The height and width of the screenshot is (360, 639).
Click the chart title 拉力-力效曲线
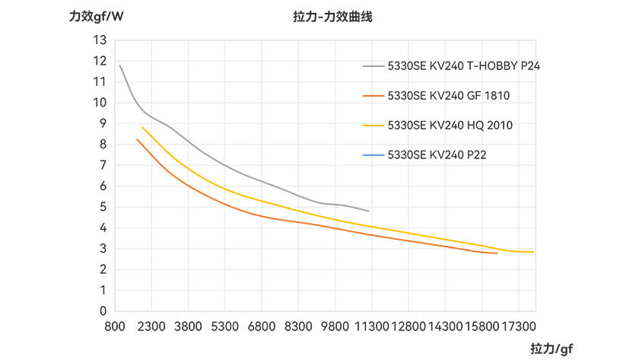[332, 17]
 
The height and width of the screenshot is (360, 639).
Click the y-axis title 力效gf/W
[96, 17]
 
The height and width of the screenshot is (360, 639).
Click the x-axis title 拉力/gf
[552, 349]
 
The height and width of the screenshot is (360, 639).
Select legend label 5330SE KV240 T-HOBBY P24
[464, 65]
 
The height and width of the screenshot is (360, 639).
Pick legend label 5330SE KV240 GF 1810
[449, 95]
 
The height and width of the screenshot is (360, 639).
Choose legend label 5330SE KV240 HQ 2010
[450, 125]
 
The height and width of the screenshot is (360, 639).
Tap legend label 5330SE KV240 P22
[437, 155]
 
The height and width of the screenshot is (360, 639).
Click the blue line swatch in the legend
[374, 155]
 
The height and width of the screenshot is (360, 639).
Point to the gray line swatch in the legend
[374, 66]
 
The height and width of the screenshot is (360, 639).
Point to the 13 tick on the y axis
[100, 40]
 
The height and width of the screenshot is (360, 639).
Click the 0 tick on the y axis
[103, 311]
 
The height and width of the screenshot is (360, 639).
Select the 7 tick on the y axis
[103, 165]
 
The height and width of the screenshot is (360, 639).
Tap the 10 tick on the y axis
[100, 102]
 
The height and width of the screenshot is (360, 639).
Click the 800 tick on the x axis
[115, 327]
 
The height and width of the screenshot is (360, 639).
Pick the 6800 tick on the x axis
[262, 327]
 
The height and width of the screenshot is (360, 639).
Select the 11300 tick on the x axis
[372, 327]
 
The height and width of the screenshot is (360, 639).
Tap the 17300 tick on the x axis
[519, 327]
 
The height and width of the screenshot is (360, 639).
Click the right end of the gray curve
[369, 211]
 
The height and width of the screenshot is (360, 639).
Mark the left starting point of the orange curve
[137, 139]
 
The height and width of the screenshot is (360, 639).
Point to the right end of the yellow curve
[533, 252]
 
